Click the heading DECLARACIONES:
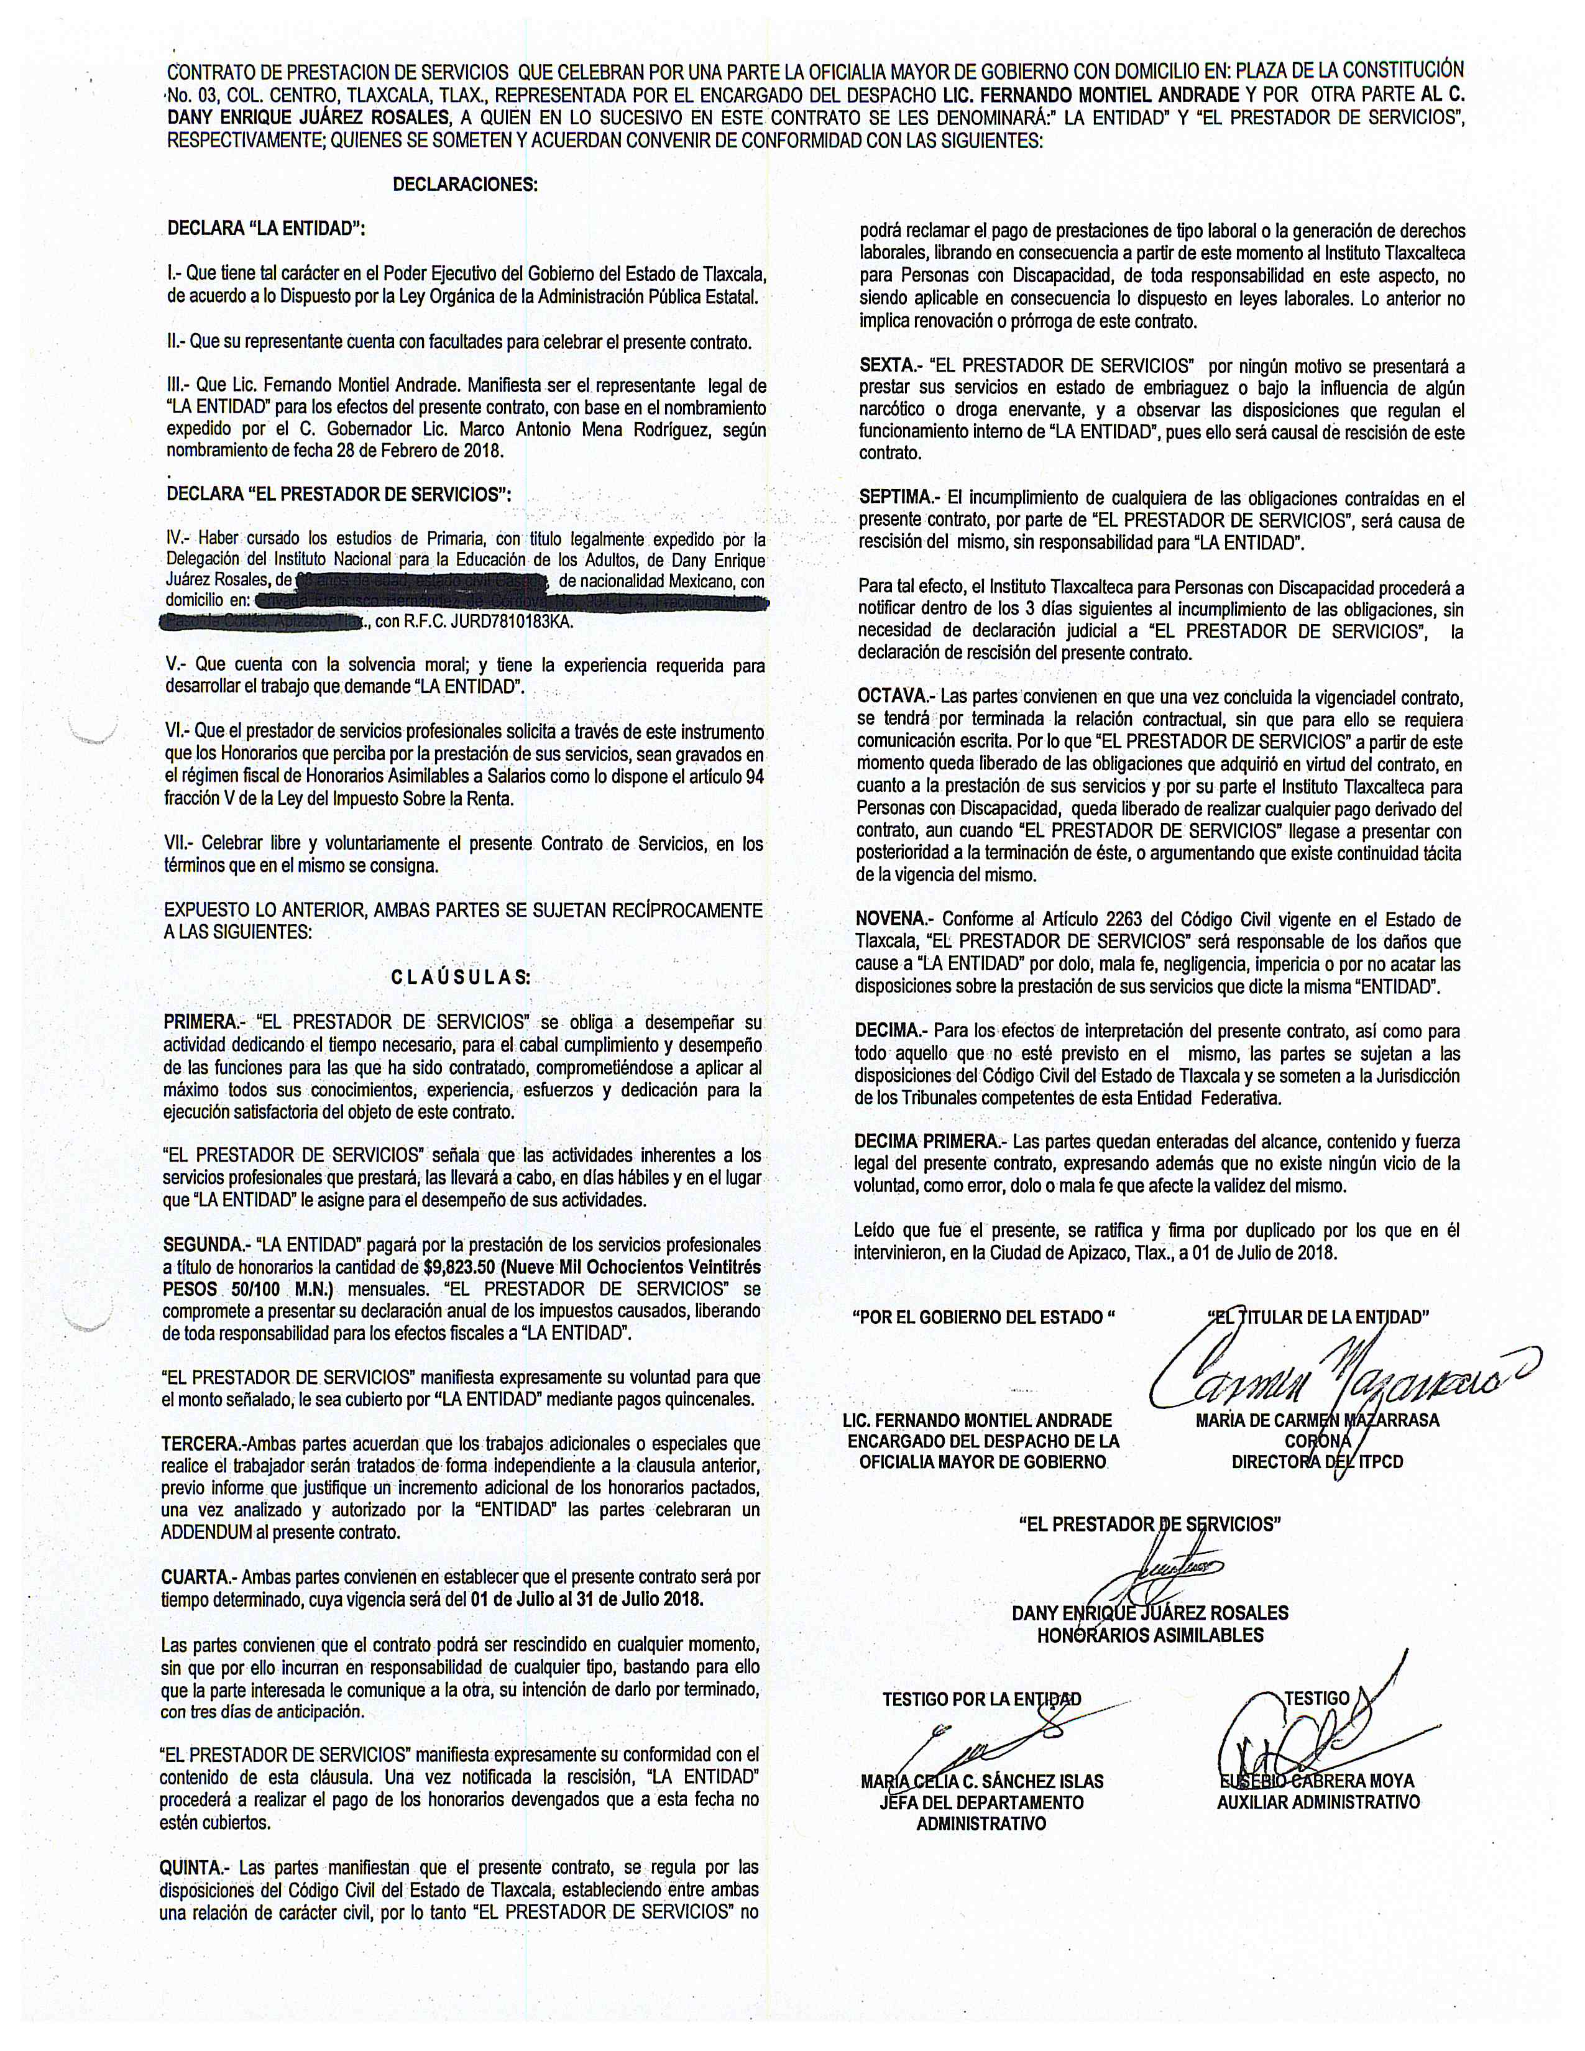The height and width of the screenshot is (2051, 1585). coord(465,184)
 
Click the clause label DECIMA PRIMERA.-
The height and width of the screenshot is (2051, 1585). coord(930,1141)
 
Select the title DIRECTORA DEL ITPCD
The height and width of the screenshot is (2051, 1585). coord(1317,1462)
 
